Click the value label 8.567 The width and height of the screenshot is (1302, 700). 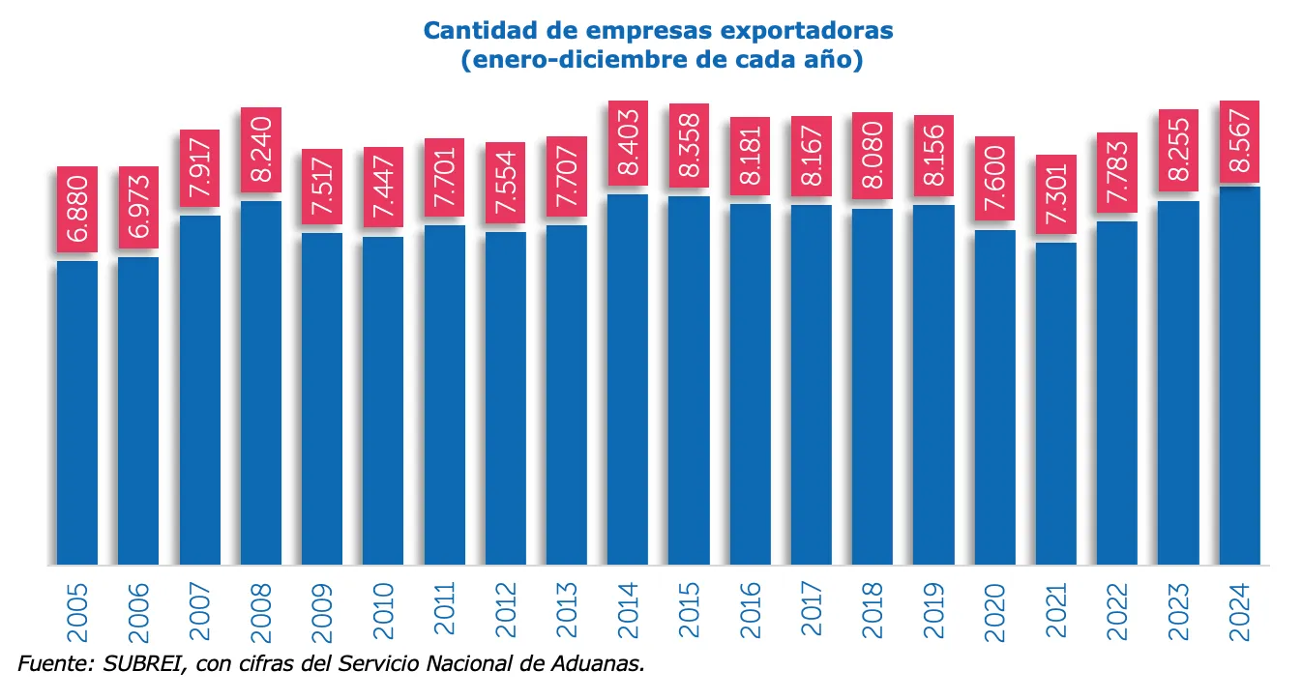point(1239,142)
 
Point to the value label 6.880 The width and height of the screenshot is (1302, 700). point(77,210)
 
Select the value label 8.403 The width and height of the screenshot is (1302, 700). point(628,143)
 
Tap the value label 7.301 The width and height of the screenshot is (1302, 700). point(1056,194)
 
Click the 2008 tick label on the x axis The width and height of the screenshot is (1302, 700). point(261,609)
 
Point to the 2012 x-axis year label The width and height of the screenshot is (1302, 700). point(506,609)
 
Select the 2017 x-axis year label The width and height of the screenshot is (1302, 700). point(812,609)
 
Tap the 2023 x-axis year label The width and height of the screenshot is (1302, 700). point(1178,609)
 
